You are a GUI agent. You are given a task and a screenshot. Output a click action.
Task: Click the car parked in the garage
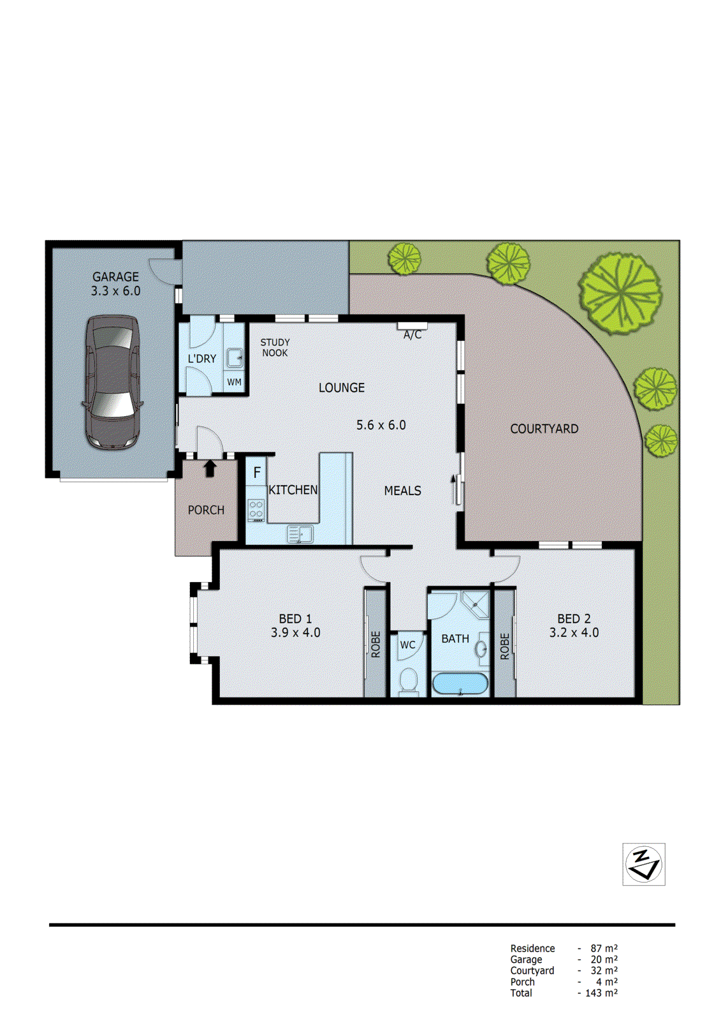coord(112,382)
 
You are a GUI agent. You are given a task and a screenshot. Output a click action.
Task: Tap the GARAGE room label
coord(115,277)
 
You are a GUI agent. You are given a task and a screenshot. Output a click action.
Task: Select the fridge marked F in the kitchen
coord(257,473)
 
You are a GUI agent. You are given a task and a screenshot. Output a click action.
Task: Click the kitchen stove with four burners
coord(256,510)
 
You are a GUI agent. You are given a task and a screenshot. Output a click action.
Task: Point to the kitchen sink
coord(300,533)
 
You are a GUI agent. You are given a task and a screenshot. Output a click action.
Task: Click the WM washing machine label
coord(235,382)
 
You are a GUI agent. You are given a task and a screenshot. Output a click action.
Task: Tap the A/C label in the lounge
coord(412,335)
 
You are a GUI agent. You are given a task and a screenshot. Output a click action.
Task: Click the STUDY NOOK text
coord(275,348)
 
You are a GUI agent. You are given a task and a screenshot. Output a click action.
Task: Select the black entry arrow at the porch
coord(210,468)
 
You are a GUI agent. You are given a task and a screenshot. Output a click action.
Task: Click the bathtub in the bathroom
coord(460,684)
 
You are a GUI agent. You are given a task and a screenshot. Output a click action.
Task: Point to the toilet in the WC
coord(408,680)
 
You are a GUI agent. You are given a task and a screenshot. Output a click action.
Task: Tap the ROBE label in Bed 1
coord(375,645)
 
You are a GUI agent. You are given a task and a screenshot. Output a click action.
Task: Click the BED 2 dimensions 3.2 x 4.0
coord(574,633)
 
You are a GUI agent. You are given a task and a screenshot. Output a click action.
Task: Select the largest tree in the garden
coord(620,293)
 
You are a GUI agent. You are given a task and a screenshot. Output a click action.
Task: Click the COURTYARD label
coord(544,429)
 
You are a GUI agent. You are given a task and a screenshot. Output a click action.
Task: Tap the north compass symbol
coord(644,865)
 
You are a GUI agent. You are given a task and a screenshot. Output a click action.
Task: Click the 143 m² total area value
coord(601,993)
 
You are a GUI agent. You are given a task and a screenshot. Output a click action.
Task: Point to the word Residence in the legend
coord(532,949)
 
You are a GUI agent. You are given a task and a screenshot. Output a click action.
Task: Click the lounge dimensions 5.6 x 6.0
coord(381,425)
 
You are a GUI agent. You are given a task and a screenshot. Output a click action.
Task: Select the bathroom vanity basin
coord(480,649)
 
